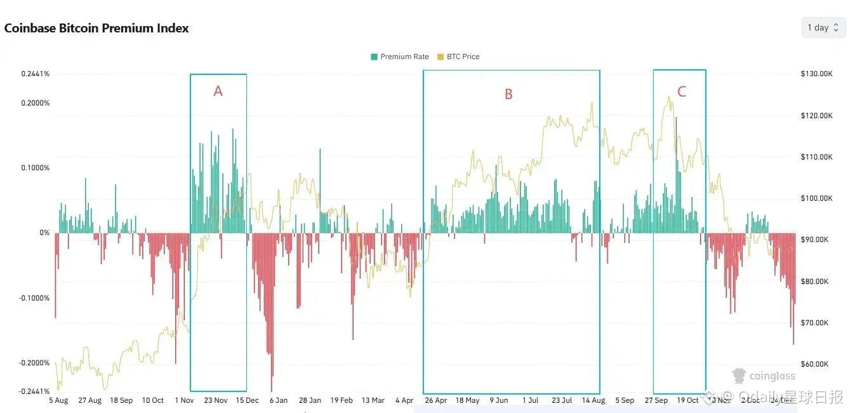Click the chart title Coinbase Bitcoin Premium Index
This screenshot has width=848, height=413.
coord(96,28)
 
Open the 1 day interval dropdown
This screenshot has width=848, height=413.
coord(823,28)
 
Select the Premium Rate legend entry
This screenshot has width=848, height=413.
coord(400,57)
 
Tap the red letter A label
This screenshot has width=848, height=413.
coord(218,91)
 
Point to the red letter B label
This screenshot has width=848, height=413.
coord(508,95)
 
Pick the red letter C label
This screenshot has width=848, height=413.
coord(682,92)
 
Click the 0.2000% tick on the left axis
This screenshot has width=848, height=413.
coord(35,103)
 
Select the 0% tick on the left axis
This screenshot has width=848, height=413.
coord(44,233)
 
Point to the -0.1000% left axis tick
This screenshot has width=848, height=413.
coord(34,298)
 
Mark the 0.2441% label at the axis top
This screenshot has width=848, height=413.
coord(35,74)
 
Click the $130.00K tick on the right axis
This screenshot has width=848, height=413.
coord(817,74)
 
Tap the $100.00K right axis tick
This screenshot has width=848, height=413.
coord(817,198)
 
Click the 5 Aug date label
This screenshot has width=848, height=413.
coord(58,400)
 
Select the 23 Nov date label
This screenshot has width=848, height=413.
coord(216,400)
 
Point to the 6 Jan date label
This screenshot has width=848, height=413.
coord(279,400)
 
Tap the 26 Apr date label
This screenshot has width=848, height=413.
coord(436,400)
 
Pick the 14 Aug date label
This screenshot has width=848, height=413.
coord(593,400)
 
